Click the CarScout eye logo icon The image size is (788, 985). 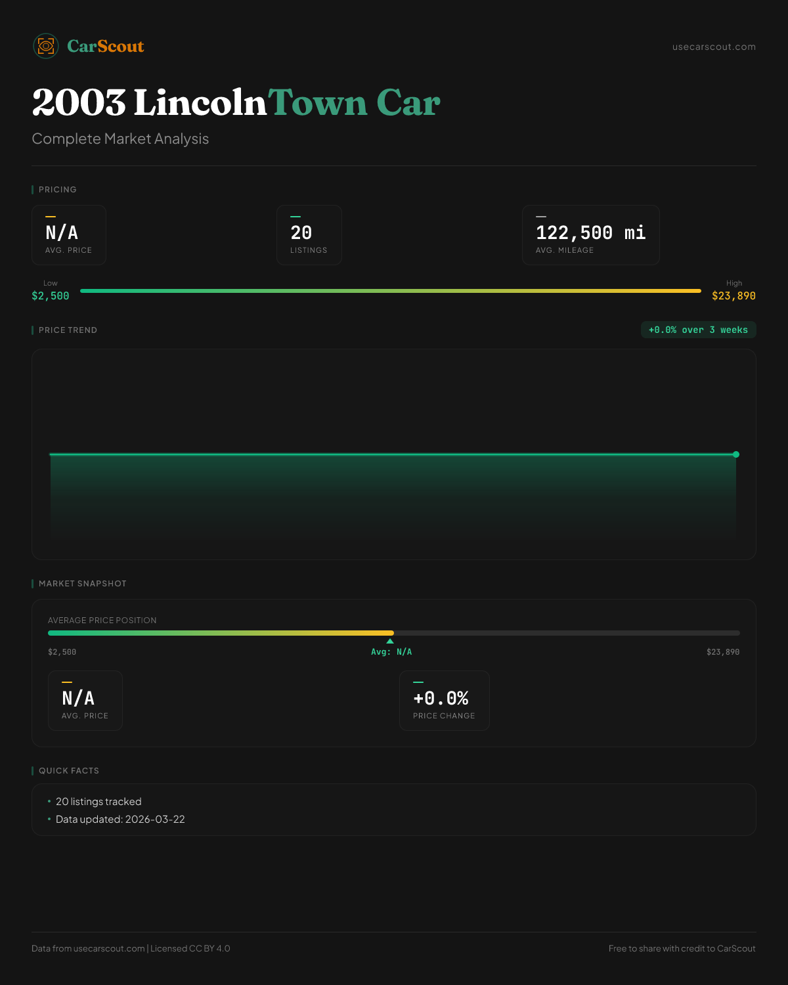pyautogui.click(x=46, y=46)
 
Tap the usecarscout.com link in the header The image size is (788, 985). pyautogui.click(x=714, y=47)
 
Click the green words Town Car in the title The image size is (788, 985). pyautogui.click(x=354, y=103)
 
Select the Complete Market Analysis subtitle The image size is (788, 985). pyautogui.click(x=120, y=139)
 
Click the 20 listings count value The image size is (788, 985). pyautogui.click(x=301, y=232)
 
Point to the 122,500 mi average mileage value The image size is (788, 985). pyautogui.click(x=590, y=232)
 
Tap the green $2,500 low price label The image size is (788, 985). pyautogui.click(x=51, y=296)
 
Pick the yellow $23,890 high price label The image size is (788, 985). pyautogui.click(x=733, y=296)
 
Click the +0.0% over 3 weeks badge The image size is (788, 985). pyautogui.click(x=698, y=330)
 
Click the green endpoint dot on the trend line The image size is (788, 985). pyautogui.click(x=736, y=454)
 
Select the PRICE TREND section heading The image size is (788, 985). pyautogui.click(x=68, y=330)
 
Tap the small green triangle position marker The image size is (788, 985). pyautogui.click(x=390, y=641)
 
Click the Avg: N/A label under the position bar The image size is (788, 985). pyautogui.click(x=391, y=652)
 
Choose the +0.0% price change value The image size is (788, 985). pyautogui.click(x=441, y=698)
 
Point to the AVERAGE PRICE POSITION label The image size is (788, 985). pyautogui.click(x=102, y=621)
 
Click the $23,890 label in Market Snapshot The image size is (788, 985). pyautogui.click(x=723, y=652)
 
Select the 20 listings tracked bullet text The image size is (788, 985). pyautogui.click(x=98, y=802)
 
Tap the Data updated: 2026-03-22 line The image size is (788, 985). pyautogui.click(x=120, y=820)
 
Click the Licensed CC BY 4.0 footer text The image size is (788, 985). pyautogui.click(x=190, y=949)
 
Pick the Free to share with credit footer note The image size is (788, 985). pyautogui.click(x=682, y=949)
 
